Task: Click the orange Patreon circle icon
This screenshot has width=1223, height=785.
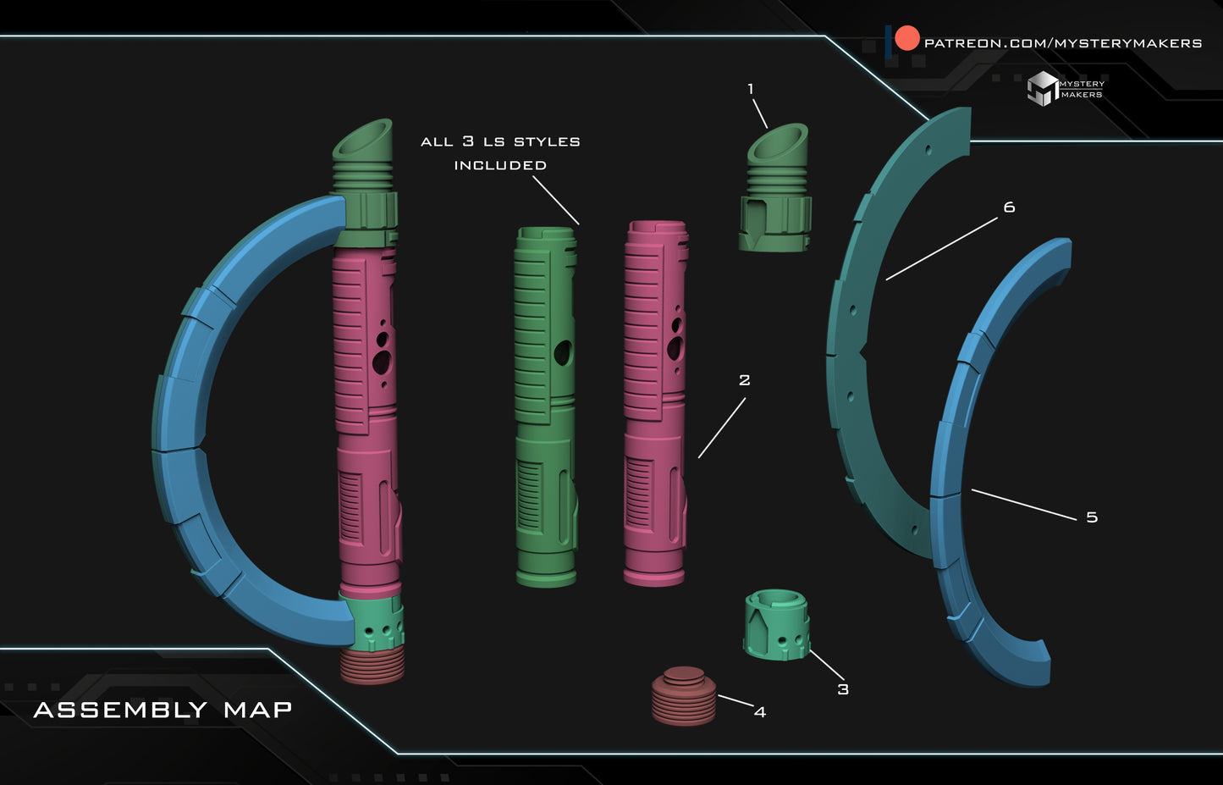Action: (906, 39)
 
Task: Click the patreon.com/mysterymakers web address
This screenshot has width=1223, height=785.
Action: (1063, 42)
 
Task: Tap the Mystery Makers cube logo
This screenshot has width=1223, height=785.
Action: (1042, 88)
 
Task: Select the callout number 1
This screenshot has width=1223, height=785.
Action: (750, 89)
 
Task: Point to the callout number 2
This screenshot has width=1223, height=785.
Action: (744, 380)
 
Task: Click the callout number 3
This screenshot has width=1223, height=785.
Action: (842, 689)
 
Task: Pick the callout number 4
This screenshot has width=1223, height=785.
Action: (759, 712)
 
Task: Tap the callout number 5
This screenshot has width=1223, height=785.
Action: (1091, 517)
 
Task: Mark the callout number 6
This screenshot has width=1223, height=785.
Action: (1008, 207)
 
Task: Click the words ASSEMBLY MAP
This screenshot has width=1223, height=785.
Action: (163, 710)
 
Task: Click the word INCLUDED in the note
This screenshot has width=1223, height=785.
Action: (499, 165)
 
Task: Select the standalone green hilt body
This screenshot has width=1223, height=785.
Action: (546, 406)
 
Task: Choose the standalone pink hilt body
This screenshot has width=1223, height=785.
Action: (655, 402)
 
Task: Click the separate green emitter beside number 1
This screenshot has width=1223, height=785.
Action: (776, 191)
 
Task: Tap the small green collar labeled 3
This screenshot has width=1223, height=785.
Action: (777, 625)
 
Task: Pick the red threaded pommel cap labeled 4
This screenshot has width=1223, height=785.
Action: (684, 696)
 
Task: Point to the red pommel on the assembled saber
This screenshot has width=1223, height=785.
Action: (372, 666)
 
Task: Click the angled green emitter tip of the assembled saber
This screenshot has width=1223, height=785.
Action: (364, 140)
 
